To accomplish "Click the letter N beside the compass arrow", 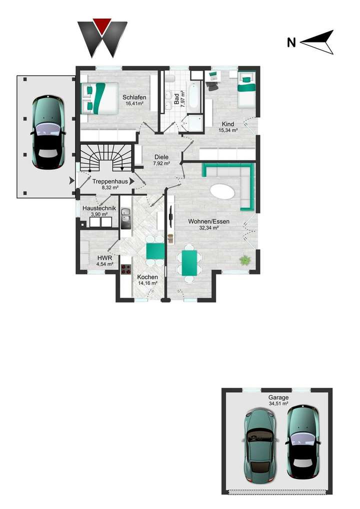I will point(291,42).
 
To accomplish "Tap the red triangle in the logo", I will point(102,24).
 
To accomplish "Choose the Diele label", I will point(161,157).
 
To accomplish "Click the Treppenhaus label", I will point(109,182).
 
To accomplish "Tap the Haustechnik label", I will point(99,208).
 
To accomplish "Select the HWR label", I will point(104,258).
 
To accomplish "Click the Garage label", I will point(277,397).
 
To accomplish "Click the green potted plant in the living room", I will point(245,260).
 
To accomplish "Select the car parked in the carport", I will point(48,132).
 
